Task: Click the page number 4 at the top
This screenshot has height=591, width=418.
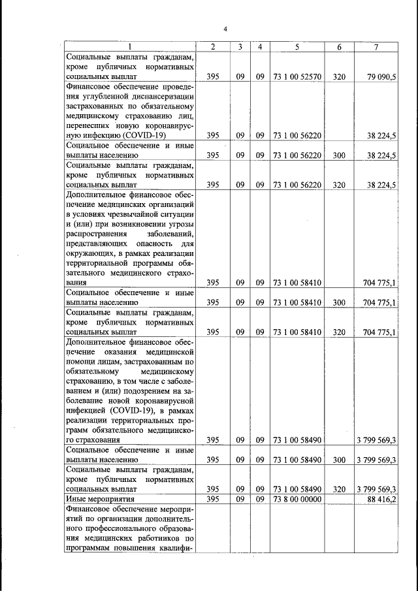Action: pyautogui.click(x=225, y=29)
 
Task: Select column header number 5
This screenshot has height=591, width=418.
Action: pyautogui.click(x=297, y=47)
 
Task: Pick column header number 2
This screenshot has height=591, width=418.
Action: pyautogui.click(x=212, y=47)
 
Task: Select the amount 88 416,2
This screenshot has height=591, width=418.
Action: pyautogui.click(x=382, y=499)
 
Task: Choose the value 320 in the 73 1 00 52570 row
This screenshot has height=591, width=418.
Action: pyautogui.click(x=339, y=76)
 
